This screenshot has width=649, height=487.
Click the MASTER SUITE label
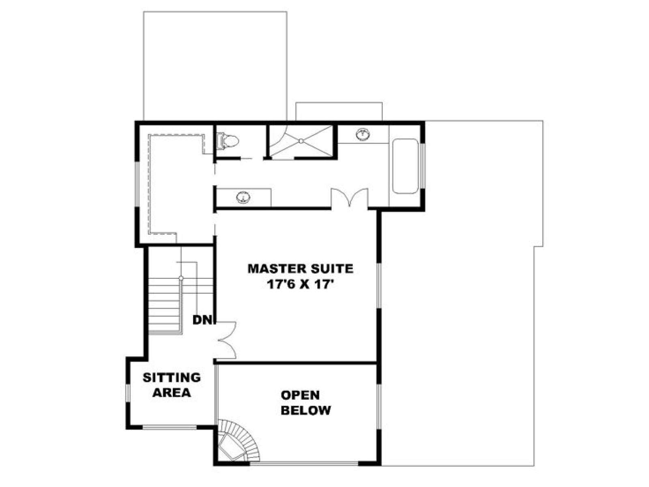pyautogui.click(x=300, y=269)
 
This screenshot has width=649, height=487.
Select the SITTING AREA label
pyautogui.click(x=172, y=385)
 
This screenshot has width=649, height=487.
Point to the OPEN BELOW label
pyautogui.click(x=306, y=403)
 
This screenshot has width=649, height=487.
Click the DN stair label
pyautogui.click(x=202, y=320)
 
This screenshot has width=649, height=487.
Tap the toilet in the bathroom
pyautogui.click(x=227, y=141)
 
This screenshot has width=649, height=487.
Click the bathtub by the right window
pyautogui.click(x=405, y=166)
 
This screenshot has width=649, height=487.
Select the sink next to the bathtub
pyautogui.click(x=363, y=134)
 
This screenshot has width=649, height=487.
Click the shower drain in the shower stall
pyautogui.click(x=301, y=141)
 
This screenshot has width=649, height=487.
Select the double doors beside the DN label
pyautogui.click(x=226, y=340)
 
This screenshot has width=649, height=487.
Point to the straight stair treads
pyautogui.click(x=164, y=305)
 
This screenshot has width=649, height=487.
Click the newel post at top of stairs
pyautogui.click(x=181, y=278)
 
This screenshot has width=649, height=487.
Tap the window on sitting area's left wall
pyautogui.click(x=128, y=393)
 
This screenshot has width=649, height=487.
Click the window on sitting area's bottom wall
pyautogui.click(x=170, y=427)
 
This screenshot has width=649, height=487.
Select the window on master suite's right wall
pyautogui.click(x=379, y=286)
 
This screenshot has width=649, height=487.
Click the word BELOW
pyautogui.click(x=306, y=410)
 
